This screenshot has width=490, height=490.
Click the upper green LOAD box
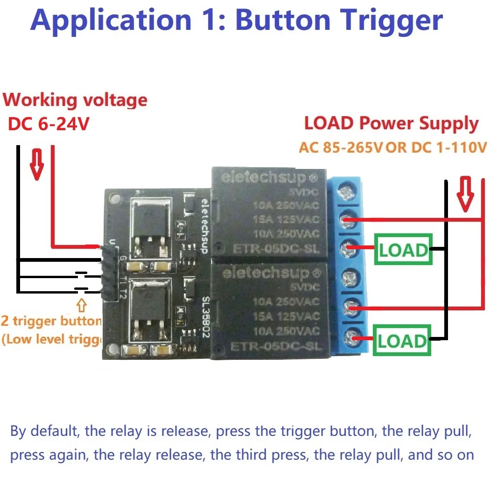403,251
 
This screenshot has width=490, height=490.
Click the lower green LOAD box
402,341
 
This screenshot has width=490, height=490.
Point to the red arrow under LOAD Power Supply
464,193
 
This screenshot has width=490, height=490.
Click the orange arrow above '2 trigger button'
82,305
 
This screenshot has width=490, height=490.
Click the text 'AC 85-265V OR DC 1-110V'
392,148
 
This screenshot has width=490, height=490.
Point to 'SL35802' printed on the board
204,317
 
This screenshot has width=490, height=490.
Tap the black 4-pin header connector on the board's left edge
107,271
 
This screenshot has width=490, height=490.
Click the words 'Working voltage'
75,100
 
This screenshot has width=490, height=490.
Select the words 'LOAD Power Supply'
391,124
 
